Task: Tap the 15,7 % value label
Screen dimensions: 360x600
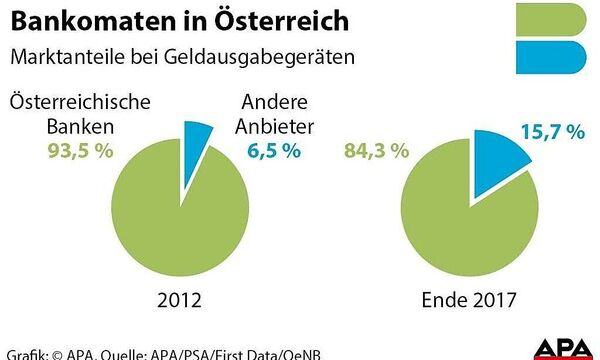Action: [x=551, y=133]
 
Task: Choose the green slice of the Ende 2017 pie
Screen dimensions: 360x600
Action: [x=455, y=220]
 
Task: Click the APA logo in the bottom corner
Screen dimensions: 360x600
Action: [x=564, y=346]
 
